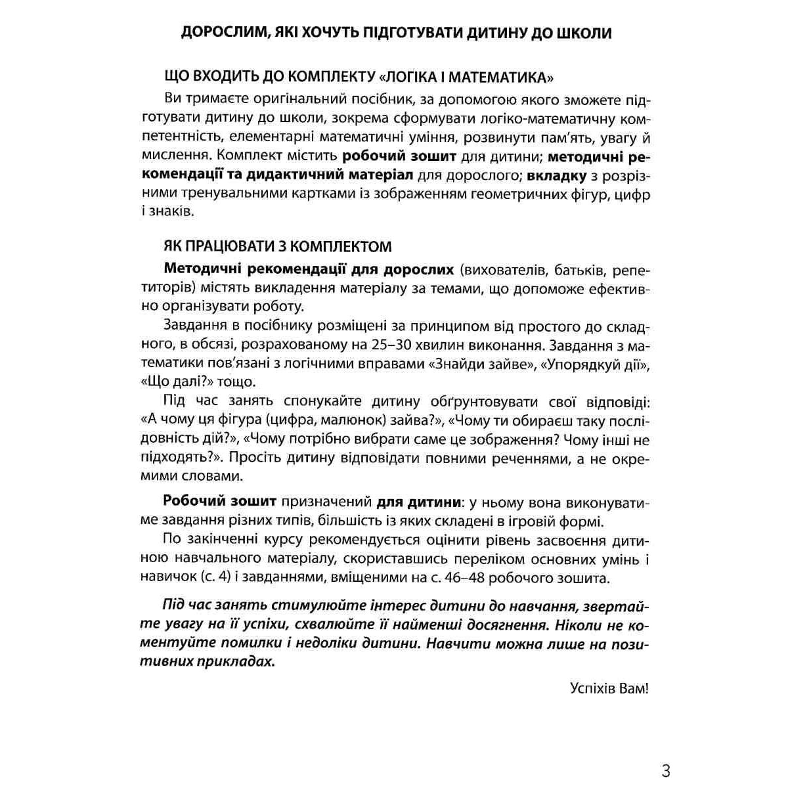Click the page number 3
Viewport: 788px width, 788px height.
[666, 770]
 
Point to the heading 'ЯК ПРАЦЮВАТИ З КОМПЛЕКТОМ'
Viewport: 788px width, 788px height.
[277, 247]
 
